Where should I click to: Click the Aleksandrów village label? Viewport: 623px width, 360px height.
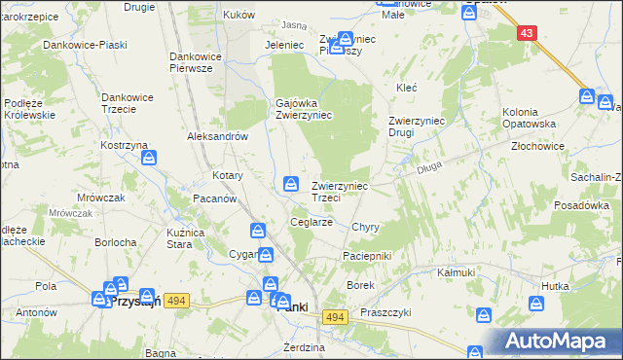coord(218,137)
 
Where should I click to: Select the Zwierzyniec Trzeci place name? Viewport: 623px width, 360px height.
coord(339,191)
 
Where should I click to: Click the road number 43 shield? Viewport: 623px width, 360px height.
coord(527,32)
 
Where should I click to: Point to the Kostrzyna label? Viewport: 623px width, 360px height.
coord(123,144)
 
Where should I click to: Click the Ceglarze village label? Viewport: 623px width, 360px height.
coord(312,222)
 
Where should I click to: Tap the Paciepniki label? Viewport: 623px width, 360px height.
coord(366,255)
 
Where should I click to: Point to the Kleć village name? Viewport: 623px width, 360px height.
coord(406,88)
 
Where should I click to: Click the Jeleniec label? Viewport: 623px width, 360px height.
coord(285,45)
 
